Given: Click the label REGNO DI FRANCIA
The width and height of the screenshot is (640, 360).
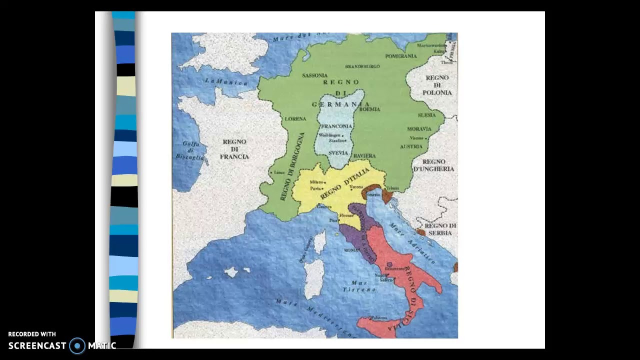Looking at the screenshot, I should click(234, 149).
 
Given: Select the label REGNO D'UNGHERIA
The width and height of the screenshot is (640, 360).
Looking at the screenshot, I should click(433, 165).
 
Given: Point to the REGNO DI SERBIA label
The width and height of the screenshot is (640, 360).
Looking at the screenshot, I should click(440, 229).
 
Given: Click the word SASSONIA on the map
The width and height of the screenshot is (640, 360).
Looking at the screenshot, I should click(315, 75).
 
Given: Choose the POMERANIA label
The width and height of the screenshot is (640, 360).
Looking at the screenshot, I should click(400, 56).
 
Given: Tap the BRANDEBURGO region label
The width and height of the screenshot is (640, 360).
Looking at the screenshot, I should click(362, 66).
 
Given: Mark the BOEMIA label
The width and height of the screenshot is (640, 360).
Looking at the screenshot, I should click(370, 109).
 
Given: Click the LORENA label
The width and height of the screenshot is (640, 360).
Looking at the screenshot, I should click(295, 119).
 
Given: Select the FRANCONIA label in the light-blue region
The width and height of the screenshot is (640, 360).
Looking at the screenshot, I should click(336, 126).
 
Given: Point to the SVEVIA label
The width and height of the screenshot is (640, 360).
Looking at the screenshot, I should click(338, 153).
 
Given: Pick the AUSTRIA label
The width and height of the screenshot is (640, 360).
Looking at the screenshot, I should click(411, 146).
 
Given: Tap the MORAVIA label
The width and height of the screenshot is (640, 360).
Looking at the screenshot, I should click(419, 129).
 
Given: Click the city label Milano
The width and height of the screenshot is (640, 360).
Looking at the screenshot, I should click(317, 182).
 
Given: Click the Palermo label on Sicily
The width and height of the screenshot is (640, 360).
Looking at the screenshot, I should click(378, 317).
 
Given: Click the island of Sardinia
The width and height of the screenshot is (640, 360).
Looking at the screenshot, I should click(314, 278).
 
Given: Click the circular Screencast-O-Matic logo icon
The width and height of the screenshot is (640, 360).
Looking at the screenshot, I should click(77, 345).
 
